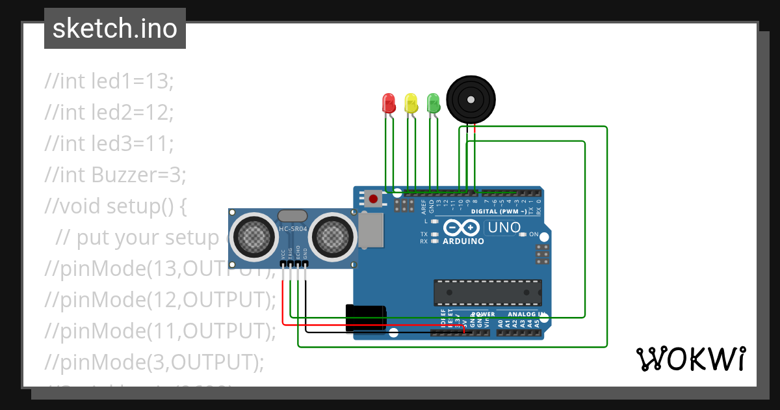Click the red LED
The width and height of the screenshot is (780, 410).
(389, 103)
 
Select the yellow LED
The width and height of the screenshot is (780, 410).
(411, 103)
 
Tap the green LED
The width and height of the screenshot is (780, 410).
(433, 103)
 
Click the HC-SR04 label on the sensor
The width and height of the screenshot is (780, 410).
(292, 228)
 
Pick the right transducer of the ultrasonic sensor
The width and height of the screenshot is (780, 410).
(333, 235)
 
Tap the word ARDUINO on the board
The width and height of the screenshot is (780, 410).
(463, 241)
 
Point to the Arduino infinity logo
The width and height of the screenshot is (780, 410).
(463, 228)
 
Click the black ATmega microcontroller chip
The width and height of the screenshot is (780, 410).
(487, 292)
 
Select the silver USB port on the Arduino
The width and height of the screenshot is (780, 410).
(370, 230)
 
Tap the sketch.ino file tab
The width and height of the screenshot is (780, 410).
(115, 29)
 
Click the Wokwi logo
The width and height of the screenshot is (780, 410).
(690, 359)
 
